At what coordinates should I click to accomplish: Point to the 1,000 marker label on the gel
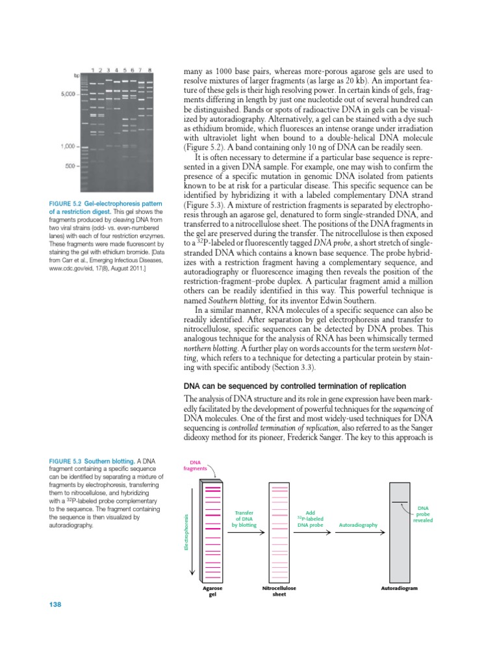[67, 146]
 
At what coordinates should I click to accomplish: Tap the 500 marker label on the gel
[71, 166]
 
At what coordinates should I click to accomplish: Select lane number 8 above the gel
[149, 70]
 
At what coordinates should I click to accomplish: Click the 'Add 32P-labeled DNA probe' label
[310, 518]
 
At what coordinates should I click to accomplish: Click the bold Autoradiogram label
[399, 588]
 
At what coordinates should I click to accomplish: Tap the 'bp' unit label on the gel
[77, 75]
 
